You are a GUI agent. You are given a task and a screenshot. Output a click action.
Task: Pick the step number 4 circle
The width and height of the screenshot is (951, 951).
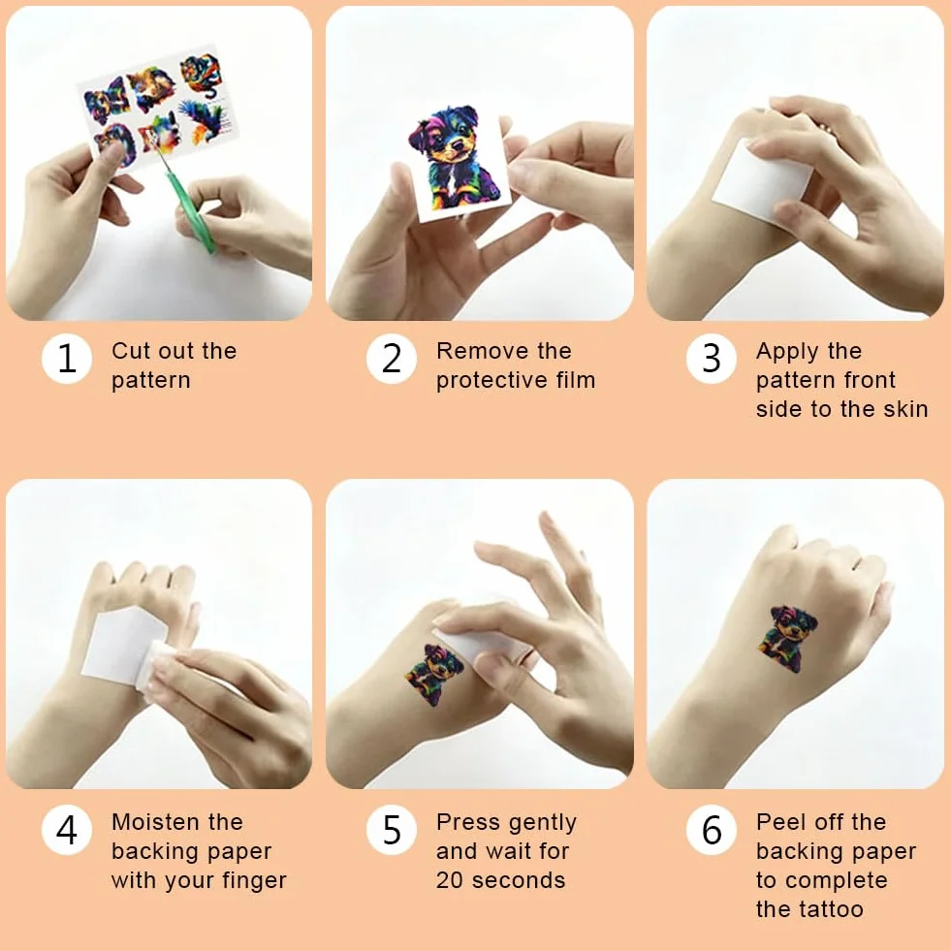[67, 829]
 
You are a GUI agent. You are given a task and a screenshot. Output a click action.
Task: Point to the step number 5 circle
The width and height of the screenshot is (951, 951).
[392, 829]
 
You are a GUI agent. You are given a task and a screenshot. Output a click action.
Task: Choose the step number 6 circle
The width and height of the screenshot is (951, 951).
[712, 829]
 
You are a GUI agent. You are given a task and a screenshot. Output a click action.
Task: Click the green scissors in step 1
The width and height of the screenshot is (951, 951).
[188, 206]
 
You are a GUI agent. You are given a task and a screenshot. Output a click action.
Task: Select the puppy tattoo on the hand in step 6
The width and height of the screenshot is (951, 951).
[787, 639]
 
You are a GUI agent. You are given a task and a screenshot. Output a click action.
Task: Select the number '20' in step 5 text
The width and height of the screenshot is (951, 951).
[450, 880]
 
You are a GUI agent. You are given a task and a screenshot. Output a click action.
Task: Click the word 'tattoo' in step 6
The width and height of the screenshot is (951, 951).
[832, 909]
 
